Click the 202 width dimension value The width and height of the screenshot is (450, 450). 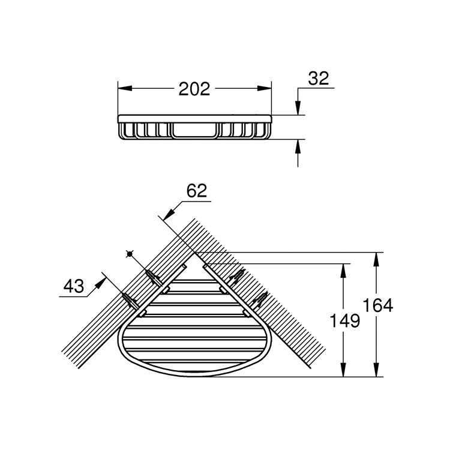[x=194, y=89]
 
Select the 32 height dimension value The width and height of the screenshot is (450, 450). [x=319, y=79]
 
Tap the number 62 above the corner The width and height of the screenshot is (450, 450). [x=196, y=191]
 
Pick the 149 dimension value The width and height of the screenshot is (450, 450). [x=344, y=321]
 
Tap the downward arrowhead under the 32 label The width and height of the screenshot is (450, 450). [x=297, y=108]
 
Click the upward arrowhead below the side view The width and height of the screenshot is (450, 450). [x=297, y=145]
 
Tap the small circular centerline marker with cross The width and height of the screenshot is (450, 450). [x=129, y=254]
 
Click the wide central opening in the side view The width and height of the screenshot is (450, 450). [x=194, y=129]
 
